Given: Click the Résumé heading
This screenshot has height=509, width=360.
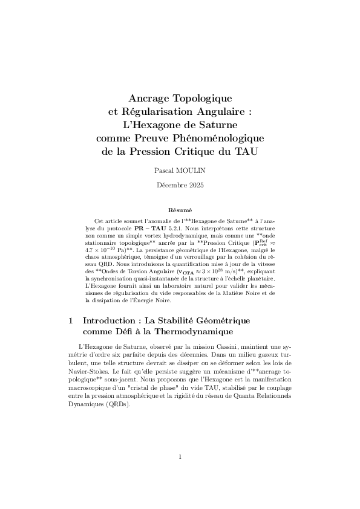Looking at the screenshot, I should point(180,209).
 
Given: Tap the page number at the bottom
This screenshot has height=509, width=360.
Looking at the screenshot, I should point(180,457).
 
